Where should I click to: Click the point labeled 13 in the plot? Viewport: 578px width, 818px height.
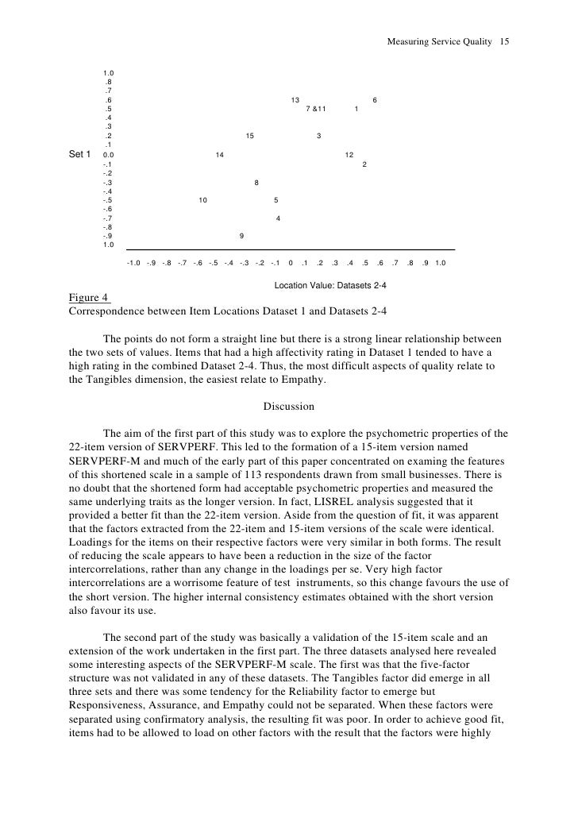click(x=295, y=100)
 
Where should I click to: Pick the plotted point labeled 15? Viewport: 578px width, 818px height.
click(x=250, y=136)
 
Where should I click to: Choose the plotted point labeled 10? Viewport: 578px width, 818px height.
click(x=203, y=200)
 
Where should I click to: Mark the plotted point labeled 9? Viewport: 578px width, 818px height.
click(x=241, y=236)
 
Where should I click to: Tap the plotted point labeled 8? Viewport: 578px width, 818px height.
click(x=256, y=182)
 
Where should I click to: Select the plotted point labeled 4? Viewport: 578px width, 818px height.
click(x=278, y=218)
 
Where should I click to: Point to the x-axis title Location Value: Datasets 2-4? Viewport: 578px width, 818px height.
click(x=330, y=284)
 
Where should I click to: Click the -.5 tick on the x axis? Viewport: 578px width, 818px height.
click(x=213, y=264)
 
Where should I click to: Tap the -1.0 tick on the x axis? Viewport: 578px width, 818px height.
click(x=133, y=264)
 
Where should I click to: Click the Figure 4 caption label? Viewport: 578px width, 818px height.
click(x=88, y=298)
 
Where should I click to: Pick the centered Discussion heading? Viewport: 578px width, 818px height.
click(x=288, y=407)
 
